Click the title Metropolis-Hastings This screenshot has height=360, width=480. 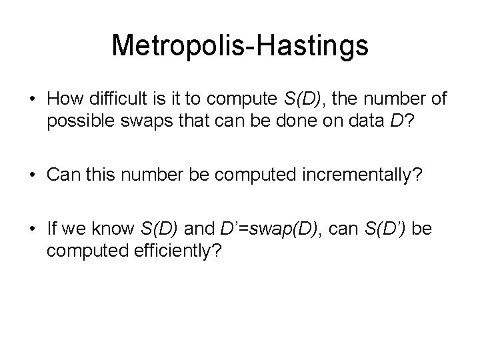(240, 45)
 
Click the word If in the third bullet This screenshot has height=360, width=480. (51, 230)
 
